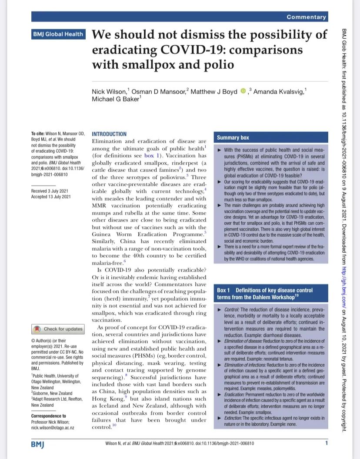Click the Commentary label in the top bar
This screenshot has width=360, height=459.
coord(306,17)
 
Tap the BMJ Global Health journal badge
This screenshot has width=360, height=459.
coord(58,34)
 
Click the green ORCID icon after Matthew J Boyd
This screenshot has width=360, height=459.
coord(243,91)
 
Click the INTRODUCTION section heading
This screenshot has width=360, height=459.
coord(109,134)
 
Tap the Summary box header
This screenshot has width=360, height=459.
coord(233,137)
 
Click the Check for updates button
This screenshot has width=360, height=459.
coord(58,329)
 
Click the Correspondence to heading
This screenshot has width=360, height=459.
coord(49,416)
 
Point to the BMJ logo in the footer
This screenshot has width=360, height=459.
coord(38,444)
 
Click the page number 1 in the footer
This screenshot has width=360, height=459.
coord(326,443)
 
